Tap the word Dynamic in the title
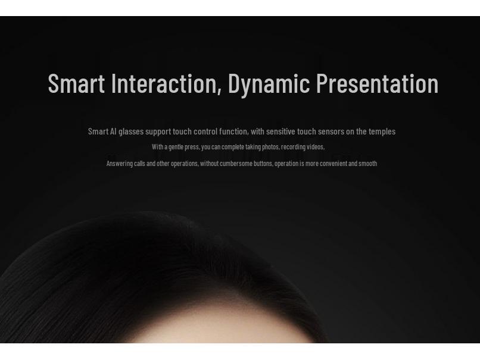(269, 84)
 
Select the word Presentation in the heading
(377, 84)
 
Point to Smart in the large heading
(76, 84)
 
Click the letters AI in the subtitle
(113, 132)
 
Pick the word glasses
(131, 132)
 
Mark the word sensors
(331, 132)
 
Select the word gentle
(176, 147)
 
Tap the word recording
(293, 147)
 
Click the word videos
(316, 147)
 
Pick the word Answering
(119, 164)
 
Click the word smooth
(367, 164)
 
